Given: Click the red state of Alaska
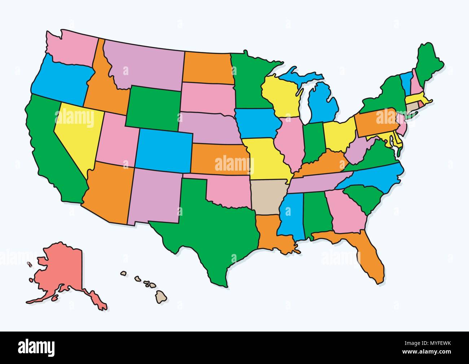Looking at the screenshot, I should [x=65, y=267].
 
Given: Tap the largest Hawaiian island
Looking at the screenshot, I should [x=161, y=297].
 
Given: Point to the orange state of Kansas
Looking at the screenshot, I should [x=220, y=159].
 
